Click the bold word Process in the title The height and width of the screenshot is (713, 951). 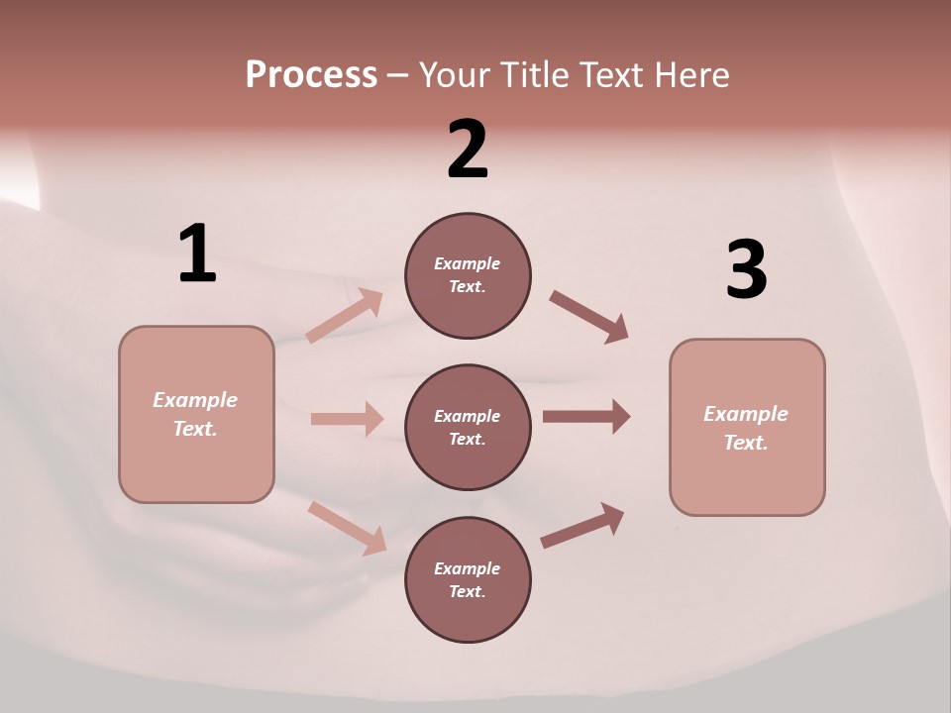(x=311, y=75)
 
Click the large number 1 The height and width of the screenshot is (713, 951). (x=196, y=254)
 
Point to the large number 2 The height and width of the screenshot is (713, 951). (x=468, y=150)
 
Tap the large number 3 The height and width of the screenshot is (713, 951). (x=746, y=269)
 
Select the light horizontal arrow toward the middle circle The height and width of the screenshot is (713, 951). (x=347, y=419)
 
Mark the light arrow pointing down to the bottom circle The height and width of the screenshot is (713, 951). (x=347, y=528)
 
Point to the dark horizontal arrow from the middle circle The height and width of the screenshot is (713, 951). (x=586, y=417)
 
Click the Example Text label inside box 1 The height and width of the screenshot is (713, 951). (x=195, y=414)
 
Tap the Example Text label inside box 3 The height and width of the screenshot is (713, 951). (x=746, y=428)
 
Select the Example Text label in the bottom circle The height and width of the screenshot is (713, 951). (x=468, y=579)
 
